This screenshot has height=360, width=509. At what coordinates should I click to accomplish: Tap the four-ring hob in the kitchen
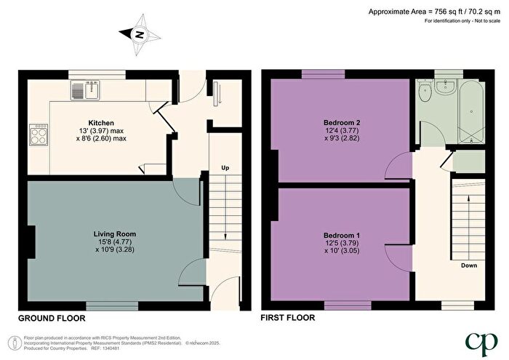point(38,135)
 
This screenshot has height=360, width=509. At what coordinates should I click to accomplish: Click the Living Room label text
point(115,233)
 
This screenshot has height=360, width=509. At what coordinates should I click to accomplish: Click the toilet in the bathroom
point(426,94)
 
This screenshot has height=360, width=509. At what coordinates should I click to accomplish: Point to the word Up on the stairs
point(225,169)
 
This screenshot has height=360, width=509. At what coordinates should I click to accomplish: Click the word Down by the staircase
point(469,265)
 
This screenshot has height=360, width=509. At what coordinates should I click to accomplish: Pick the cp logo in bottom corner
point(480,340)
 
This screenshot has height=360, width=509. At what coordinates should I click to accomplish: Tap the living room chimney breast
point(31,241)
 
